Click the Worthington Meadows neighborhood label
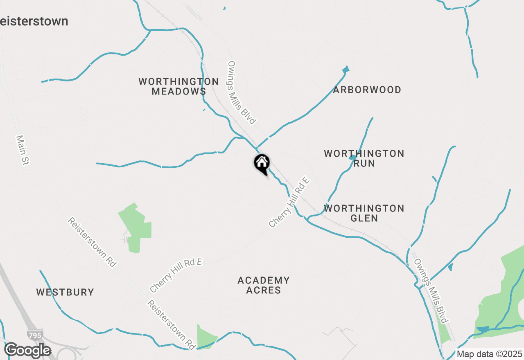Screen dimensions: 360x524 coord(178,86)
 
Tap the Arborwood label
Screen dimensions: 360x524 coord(367,90)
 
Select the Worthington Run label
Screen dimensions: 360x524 coord(364,158)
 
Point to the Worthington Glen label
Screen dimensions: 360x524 coord(364,213)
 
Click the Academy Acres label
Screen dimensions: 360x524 coord(264,285)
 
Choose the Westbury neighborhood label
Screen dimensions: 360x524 coord(65,292)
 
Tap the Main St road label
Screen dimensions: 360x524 coord(23,150)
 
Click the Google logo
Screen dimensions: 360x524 coord(27,351)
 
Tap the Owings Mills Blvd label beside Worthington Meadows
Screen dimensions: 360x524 coord(242,92)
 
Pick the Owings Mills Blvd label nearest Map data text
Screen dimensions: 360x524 coord(431,291)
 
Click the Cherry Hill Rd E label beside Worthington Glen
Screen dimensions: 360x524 coord(289,202)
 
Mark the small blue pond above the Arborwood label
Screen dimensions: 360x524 coord(346,69)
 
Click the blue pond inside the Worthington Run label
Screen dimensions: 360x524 coord(352,157)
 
